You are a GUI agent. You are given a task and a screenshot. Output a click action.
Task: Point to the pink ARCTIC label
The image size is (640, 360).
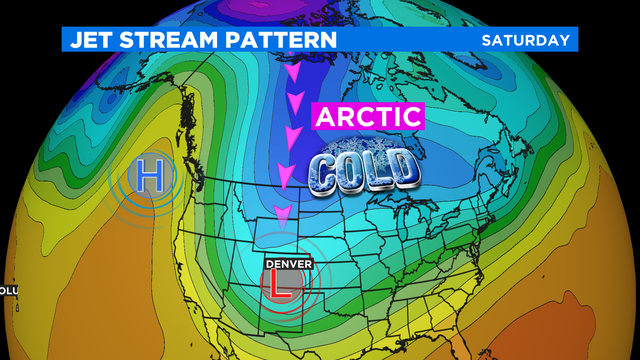coord(367,116)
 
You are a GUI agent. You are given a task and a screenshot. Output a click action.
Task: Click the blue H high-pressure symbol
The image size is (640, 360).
coord(151,177)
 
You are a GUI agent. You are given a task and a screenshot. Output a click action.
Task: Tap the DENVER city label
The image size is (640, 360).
coord(288,263)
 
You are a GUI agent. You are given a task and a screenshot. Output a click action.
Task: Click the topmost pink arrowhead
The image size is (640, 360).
coord(292,74)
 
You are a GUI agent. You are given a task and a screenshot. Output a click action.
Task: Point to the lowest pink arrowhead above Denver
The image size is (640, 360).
coord(284,212)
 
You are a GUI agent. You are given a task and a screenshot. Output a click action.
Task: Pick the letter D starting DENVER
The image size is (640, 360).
coord(268,263)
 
